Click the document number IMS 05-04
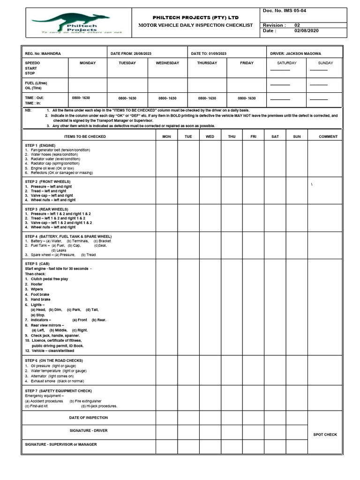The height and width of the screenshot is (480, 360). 285,10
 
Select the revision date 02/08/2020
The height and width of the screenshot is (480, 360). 306,31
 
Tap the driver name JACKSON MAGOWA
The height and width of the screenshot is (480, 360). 303,53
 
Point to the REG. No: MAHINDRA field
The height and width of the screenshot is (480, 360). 43,53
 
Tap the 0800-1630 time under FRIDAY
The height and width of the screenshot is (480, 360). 247,98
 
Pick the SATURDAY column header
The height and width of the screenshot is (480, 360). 286,63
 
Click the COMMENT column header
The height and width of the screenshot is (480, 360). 328,136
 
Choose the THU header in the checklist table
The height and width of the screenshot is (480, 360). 232,136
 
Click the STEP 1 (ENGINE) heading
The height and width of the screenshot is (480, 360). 40,145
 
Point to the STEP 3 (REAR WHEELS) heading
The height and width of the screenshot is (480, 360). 46,209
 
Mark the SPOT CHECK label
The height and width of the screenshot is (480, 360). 325,435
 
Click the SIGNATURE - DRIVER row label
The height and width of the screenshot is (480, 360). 89,430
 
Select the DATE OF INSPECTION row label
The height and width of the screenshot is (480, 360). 89,417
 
